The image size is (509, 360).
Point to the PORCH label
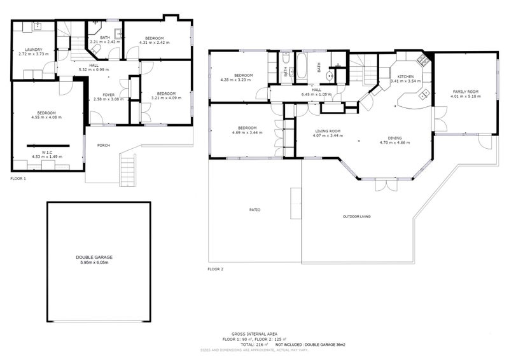click(103, 146)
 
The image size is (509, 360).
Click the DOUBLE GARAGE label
click(99, 257)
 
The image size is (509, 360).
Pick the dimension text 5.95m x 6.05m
click(99, 263)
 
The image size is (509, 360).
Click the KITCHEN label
click(405, 76)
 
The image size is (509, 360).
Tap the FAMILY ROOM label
click(466, 92)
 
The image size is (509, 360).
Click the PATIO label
click(254, 210)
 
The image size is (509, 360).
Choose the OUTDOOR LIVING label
click(356, 217)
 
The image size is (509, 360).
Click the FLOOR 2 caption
click(216, 269)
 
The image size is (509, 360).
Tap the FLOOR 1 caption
click(18, 179)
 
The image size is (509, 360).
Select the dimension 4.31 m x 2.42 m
click(155, 43)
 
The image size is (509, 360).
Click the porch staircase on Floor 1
click(128, 169)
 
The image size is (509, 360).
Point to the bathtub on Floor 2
click(302, 65)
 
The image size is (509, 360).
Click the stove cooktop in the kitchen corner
click(422, 62)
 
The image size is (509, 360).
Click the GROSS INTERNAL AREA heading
click(254, 334)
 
